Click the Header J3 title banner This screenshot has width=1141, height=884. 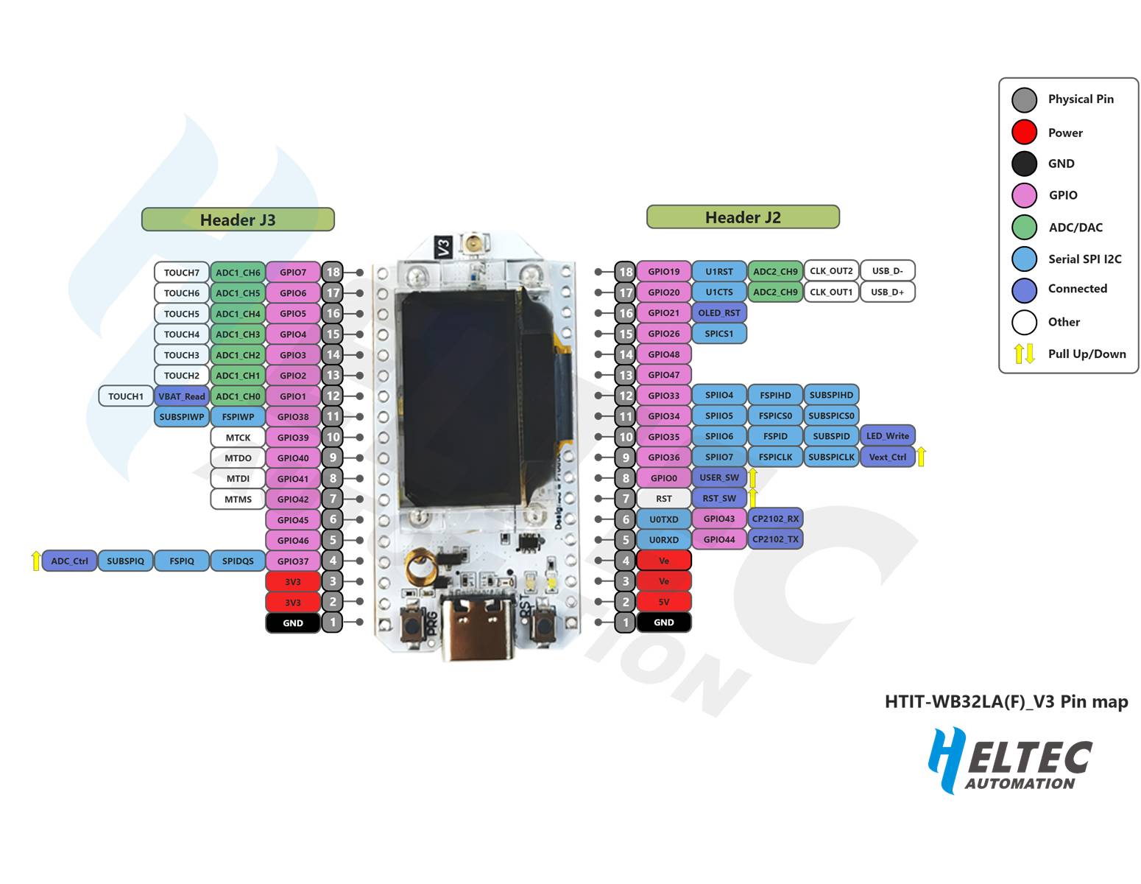pos(238,220)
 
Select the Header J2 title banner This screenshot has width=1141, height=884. pos(743,217)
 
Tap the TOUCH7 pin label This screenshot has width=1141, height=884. pos(182,273)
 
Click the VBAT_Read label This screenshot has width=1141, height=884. pos(182,396)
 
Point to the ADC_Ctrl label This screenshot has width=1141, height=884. pos(70,561)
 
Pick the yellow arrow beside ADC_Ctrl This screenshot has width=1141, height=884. pos(35,561)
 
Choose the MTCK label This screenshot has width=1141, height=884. pos(238,438)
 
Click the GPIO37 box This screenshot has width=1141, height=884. pos(293,561)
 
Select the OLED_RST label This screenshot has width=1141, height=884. pos(719,313)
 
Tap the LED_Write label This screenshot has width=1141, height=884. pos(887,436)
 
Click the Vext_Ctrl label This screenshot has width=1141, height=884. pos(887,457)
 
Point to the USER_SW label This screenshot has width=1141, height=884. pos(719,477)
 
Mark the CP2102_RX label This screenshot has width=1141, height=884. pos(775,519)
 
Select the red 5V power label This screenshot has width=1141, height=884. pos(663,602)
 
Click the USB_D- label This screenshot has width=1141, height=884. pos(887,271)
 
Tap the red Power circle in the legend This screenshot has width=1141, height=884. pos(1024,133)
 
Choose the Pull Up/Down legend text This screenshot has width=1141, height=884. pos(1087,354)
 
